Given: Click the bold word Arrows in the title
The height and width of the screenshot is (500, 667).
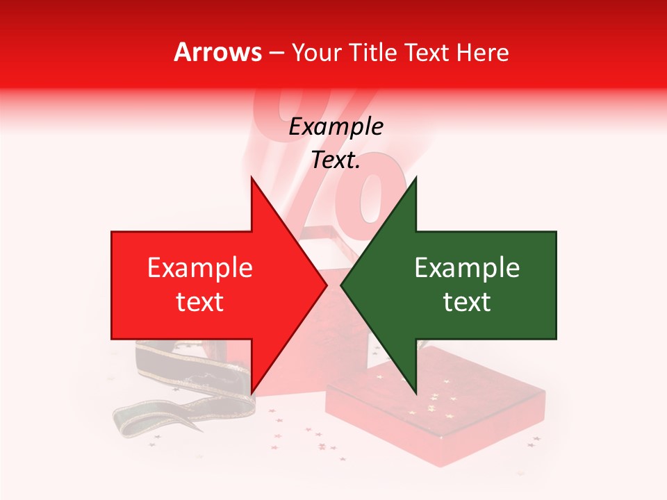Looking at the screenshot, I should pyautogui.click(x=218, y=52).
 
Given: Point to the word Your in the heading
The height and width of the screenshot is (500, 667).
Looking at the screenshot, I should pyautogui.click(x=316, y=52).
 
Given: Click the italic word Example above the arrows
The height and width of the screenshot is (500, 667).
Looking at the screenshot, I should pyautogui.click(x=336, y=127).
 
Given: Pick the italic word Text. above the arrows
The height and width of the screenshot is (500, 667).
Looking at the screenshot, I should pyautogui.click(x=336, y=160).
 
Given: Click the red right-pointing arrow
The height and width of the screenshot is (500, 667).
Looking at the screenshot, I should pyautogui.click(x=208, y=285).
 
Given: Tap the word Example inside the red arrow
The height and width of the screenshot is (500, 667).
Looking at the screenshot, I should pyautogui.click(x=199, y=268).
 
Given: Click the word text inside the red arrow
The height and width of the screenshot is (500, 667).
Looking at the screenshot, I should pyautogui.click(x=199, y=302).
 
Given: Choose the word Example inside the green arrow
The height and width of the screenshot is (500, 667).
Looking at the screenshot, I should pyautogui.click(x=467, y=268).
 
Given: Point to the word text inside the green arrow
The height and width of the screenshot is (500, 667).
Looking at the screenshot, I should pyautogui.click(x=467, y=302).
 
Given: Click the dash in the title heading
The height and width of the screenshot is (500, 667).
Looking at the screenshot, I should pyautogui.click(x=276, y=52).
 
